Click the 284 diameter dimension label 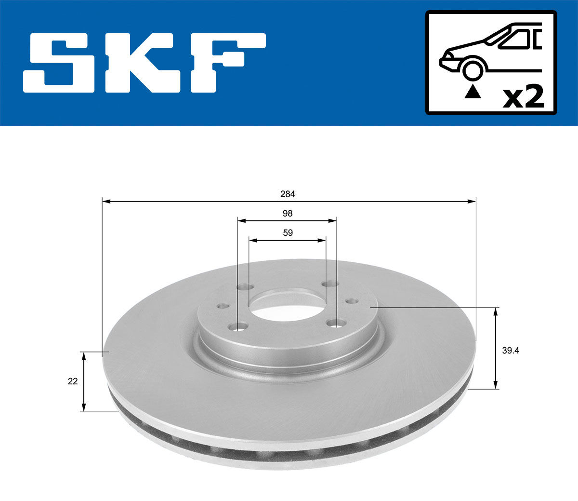288,194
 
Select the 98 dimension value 288,214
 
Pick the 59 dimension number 288,233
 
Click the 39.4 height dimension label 511,351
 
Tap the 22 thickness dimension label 73,381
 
